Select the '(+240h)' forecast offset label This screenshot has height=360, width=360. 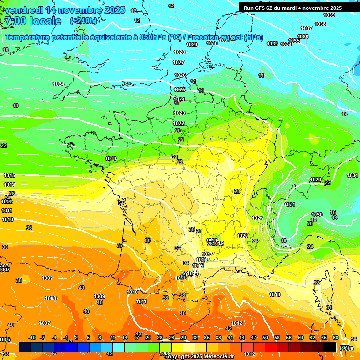84,21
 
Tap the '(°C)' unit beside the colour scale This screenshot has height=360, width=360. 345,348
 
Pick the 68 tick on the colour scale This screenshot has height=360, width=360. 336,338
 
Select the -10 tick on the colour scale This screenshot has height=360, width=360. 32,338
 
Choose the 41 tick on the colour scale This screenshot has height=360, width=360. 230,338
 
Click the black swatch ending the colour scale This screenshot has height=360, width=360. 330,347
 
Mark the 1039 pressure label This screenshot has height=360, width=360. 329,15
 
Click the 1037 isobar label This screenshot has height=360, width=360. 307,29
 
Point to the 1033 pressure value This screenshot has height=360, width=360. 272,44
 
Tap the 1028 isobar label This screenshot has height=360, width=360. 179,52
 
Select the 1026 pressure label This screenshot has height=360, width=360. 180,75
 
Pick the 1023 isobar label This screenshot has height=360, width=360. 179,113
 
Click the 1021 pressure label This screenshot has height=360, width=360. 257,218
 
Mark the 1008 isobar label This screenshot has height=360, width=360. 51,298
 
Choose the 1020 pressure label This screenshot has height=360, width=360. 242,236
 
